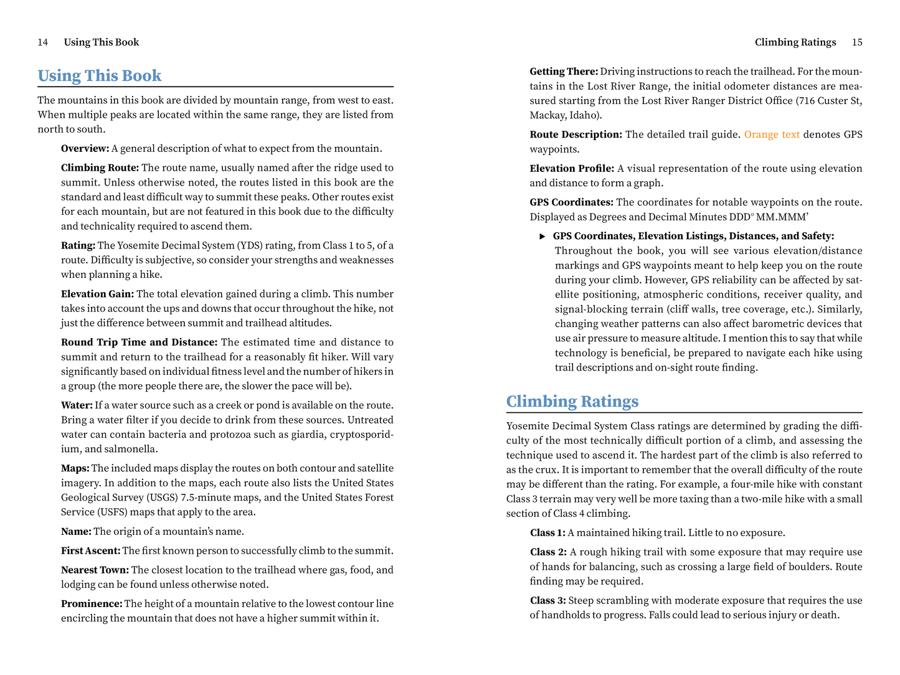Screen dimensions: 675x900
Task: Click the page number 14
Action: pyautogui.click(x=43, y=42)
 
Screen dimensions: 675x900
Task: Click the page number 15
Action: pyautogui.click(x=857, y=42)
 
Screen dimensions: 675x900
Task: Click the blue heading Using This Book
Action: pyautogui.click(x=100, y=76)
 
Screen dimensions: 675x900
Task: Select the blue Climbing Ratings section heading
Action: pyautogui.click(x=572, y=402)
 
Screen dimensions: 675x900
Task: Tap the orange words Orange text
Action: pyautogui.click(x=772, y=135)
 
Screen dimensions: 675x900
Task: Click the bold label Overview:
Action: pyautogui.click(x=85, y=148)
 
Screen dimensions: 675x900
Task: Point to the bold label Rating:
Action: pyautogui.click(x=78, y=245)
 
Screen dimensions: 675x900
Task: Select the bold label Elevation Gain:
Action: pyautogui.click(x=97, y=294)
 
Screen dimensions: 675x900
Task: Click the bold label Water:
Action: pyautogui.click(x=77, y=405)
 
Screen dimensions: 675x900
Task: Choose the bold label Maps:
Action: pyautogui.click(x=75, y=468)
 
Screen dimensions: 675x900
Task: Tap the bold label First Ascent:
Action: pyautogui.click(x=90, y=551)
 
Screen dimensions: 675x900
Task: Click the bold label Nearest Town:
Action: pyautogui.click(x=95, y=570)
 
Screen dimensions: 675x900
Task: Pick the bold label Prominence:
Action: pyautogui.click(x=92, y=604)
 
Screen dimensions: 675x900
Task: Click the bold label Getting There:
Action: pyautogui.click(x=564, y=72)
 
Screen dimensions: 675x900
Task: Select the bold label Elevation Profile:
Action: pyautogui.click(x=572, y=169)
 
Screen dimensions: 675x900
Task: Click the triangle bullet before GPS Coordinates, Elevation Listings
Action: pyautogui.click(x=542, y=237)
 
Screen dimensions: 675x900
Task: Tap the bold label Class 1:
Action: pyautogui.click(x=547, y=533)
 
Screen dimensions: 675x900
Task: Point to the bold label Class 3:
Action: pyautogui.click(x=547, y=601)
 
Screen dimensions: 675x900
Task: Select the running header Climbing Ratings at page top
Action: pyautogui.click(x=795, y=42)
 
